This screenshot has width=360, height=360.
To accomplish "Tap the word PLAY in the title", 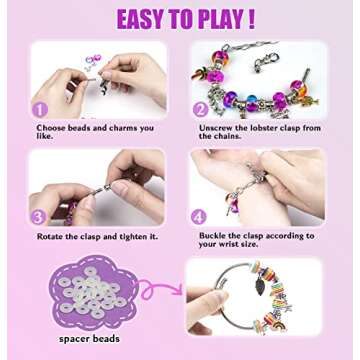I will pyautogui.click(x=219, y=19).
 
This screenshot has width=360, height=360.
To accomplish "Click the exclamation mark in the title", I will pyautogui.click(x=250, y=19).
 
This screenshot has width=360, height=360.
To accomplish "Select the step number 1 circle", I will pyautogui.click(x=40, y=109).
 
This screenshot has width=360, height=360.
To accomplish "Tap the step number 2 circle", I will pyautogui.click(x=199, y=110).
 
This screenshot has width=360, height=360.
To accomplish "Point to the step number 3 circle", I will pyautogui.click(x=39, y=216).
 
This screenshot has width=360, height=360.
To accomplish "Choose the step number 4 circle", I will pyautogui.click(x=198, y=216).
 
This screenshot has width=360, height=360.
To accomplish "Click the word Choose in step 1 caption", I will pyautogui.click(x=51, y=127).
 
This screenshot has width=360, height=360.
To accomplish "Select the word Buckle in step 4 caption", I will pyautogui.click(x=212, y=236).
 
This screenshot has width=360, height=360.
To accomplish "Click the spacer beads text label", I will pyautogui.click(x=91, y=339).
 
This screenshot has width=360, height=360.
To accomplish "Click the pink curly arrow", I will pyautogui.click(x=162, y=291).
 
